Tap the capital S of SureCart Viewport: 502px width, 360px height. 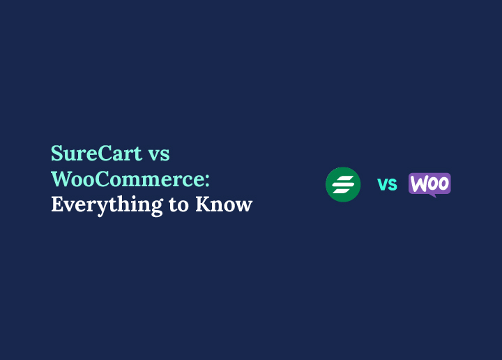coord(57,153)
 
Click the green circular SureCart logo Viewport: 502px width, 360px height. coord(343,184)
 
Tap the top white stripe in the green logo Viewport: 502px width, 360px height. coord(344,179)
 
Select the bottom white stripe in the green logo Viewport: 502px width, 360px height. coord(341,190)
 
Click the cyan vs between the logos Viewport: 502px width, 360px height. coord(387,184)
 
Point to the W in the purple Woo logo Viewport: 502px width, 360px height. coord(418,183)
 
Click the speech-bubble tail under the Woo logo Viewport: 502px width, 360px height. coord(432,195)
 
